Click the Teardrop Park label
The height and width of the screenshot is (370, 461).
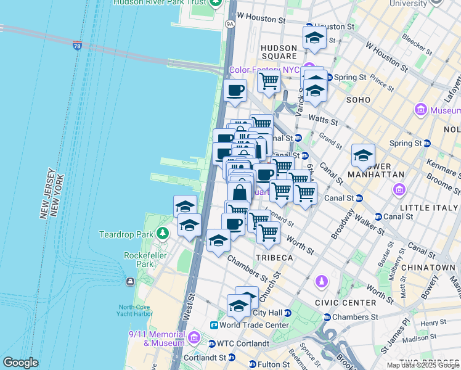(x=126, y=234)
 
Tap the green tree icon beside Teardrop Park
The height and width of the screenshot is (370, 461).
(x=163, y=234)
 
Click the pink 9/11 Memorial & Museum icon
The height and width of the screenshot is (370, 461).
(x=194, y=337)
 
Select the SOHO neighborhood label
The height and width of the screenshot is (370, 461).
(x=358, y=99)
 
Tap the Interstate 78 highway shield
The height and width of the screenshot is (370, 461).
(x=77, y=46)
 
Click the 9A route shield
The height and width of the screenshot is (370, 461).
(x=230, y=24)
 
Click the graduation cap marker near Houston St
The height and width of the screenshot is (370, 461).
(x=314, y=38)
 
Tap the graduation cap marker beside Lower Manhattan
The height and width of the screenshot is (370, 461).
(x=364, y=155)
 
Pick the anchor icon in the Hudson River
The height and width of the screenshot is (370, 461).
(x=131, y=282)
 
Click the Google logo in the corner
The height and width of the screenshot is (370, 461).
(x=20, y=363)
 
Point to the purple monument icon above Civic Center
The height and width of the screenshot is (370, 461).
(x=320, y=282)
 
